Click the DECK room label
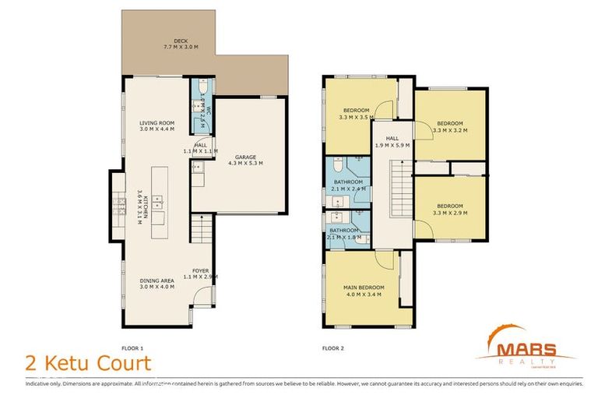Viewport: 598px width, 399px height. pos(181,44)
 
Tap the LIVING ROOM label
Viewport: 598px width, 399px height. pos(157,126)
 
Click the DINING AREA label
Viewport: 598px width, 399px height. pos(157,283)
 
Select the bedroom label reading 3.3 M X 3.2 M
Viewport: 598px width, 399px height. pos(449,127)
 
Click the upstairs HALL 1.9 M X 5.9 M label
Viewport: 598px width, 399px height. pos(392,141)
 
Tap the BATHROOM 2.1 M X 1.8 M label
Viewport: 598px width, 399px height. pos(343,234)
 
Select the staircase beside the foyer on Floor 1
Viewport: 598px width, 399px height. pos(200,230)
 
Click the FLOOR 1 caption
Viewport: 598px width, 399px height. pos(133,348)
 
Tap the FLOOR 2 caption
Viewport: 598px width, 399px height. pos(332,348)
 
